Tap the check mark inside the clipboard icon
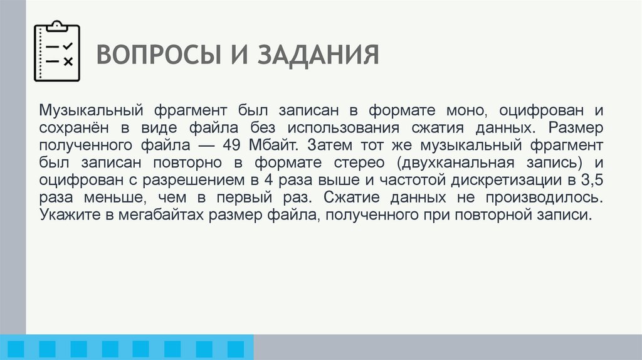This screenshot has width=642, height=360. point(68,46)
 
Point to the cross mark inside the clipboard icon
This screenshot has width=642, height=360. point(68,61)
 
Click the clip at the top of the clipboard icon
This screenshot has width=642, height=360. point(57,26)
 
